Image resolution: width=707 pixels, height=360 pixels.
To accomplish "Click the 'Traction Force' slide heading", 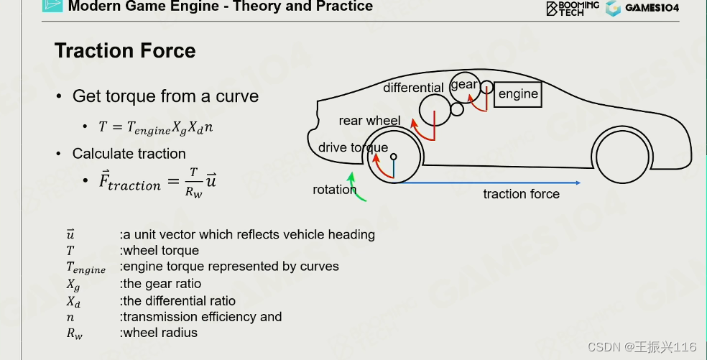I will coord(125,51).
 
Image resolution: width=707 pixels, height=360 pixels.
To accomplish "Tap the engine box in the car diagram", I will coord(518,94).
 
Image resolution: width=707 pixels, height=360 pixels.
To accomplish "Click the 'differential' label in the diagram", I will coord(413,88).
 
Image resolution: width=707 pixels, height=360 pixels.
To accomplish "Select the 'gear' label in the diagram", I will coord(464,84).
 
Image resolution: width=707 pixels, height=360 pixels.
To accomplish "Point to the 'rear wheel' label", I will coord(369,121).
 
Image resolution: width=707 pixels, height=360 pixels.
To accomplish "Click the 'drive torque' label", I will coord(353,148).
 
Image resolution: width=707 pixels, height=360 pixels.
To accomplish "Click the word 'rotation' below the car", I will coord(334,190).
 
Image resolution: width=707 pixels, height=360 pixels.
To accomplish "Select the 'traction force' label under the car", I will coord(521,194).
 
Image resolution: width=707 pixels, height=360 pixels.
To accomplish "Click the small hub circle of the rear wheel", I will coord(393,156).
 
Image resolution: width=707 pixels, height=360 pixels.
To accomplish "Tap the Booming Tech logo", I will coord(573,8).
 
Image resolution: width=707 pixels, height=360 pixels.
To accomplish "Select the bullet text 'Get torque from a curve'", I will coord(165,96).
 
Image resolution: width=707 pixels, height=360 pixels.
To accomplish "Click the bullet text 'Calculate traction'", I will coord(129,154).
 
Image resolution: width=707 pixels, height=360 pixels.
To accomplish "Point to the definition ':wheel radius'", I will coord(159,333).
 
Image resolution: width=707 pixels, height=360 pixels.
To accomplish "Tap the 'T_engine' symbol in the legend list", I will coord(86,268).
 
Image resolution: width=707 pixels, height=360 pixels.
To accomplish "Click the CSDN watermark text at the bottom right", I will coord(642,347).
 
